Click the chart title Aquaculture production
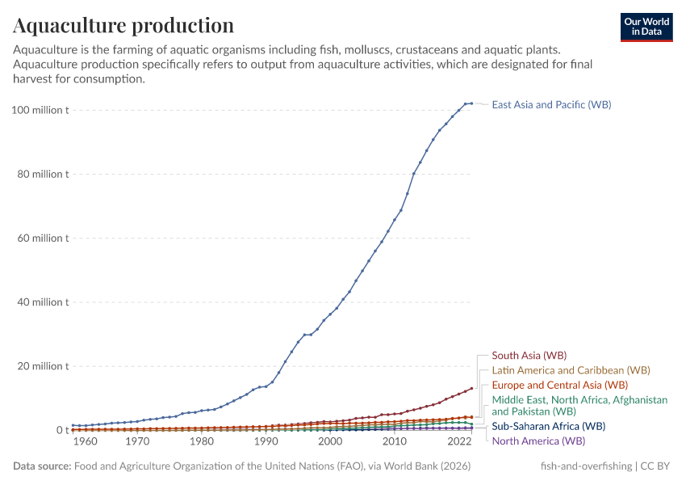(123, 26)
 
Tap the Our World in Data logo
(646, 27)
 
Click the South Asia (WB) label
(529, 355)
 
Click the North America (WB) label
(538, 441)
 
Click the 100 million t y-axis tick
(41, 110)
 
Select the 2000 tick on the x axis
(329, 442)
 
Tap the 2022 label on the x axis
(459, 442)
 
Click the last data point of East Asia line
(471, 103)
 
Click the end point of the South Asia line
(471, 389)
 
